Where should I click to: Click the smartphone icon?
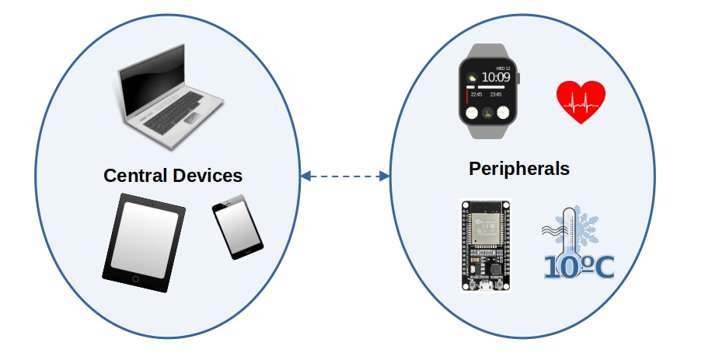pos(239,226)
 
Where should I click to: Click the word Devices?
pos(207,175)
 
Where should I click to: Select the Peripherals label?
pos(518,169)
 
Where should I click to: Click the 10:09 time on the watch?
pos(495,77)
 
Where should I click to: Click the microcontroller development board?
pos(485,246)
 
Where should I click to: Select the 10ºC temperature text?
pos(578,267)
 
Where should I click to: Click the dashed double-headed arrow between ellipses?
pos(344,176)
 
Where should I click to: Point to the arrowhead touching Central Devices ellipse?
pos(305,176)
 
